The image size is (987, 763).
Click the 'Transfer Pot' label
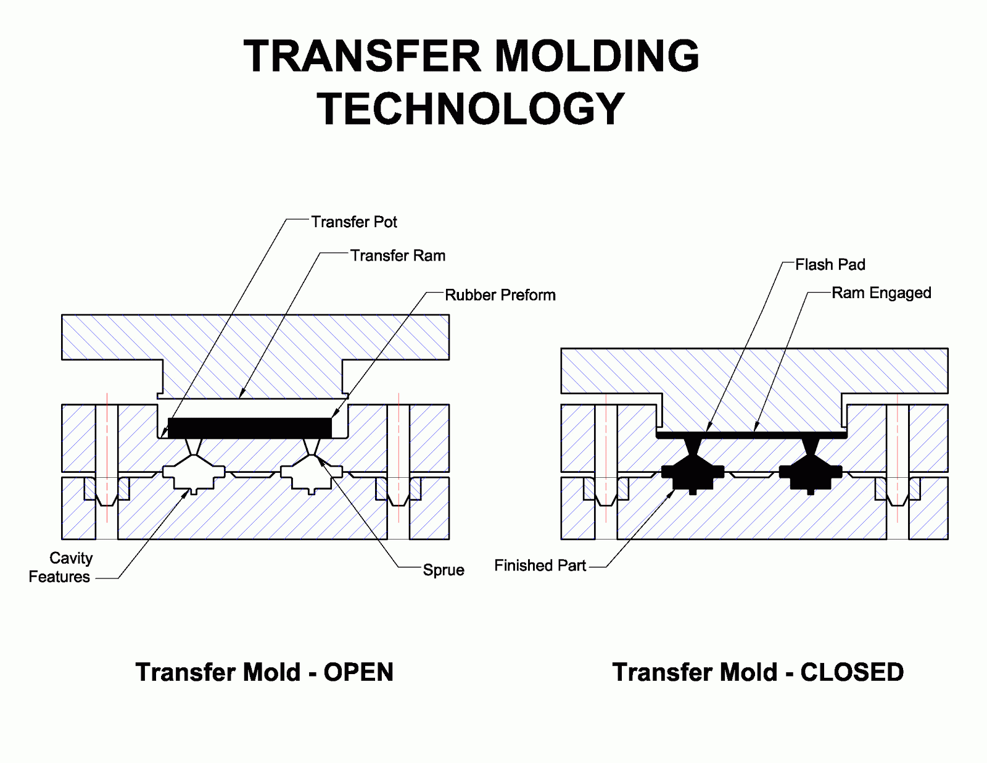353,222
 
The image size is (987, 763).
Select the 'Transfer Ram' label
397,256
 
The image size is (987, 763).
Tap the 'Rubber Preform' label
500,295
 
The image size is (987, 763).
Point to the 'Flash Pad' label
830,265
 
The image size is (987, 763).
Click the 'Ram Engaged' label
881,293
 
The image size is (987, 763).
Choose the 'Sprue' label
443,570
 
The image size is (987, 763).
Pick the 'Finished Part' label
540,565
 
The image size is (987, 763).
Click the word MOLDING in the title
597,56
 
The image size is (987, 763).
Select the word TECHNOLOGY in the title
471,109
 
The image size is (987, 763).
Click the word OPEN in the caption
358,672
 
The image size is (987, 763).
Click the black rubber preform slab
249,428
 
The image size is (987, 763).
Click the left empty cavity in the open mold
194,474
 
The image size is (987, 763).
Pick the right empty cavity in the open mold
312,474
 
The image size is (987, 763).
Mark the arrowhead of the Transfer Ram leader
241,396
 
